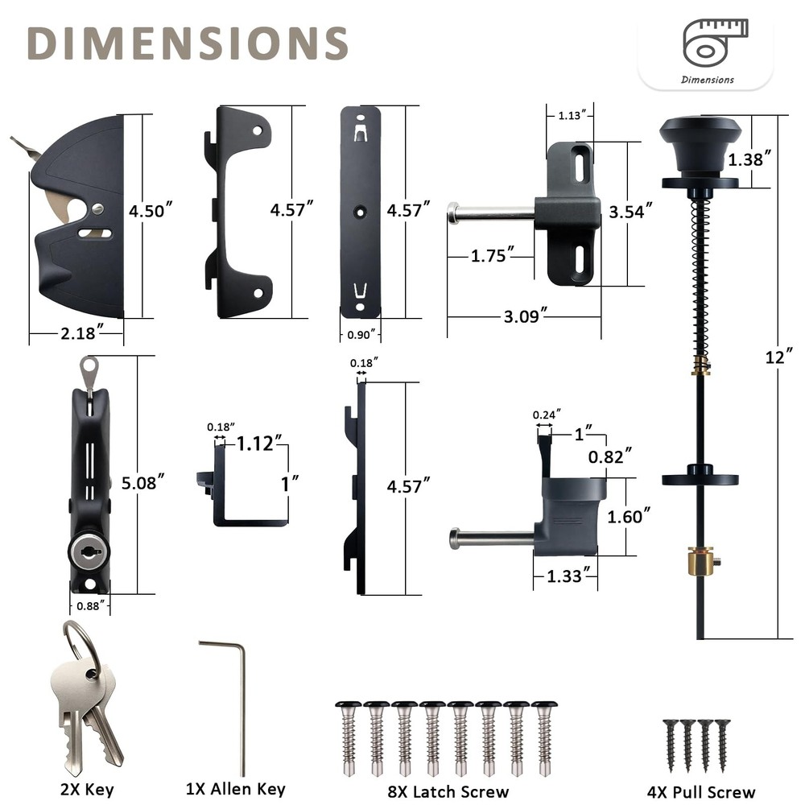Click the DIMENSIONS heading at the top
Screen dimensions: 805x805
(x=188, y=43)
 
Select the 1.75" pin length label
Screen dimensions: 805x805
(x=492, y=256)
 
